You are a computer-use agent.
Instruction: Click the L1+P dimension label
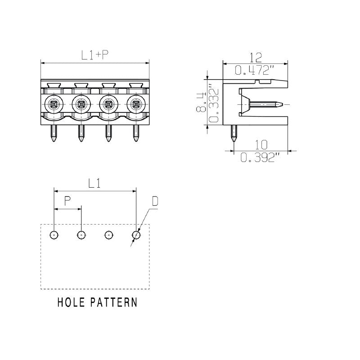pos(95,54)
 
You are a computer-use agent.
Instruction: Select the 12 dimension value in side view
pos(255,57)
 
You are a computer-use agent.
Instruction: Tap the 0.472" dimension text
pos(255,70)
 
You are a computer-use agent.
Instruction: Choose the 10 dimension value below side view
pos(261,144)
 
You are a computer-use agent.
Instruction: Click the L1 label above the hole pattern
pos(94,183)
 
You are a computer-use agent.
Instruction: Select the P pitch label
pos(67,201)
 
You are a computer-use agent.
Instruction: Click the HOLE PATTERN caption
pos(97,302)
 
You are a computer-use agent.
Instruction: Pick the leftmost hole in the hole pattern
pos(54,234)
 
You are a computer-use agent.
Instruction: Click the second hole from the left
pos(81,234)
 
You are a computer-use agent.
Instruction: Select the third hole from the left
pos(108,234)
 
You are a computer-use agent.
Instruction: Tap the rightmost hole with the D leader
pos(136,234)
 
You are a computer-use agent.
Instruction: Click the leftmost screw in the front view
pos(54,104)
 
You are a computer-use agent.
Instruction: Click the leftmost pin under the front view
pos(54,134)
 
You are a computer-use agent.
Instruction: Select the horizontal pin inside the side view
pos(266,104)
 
